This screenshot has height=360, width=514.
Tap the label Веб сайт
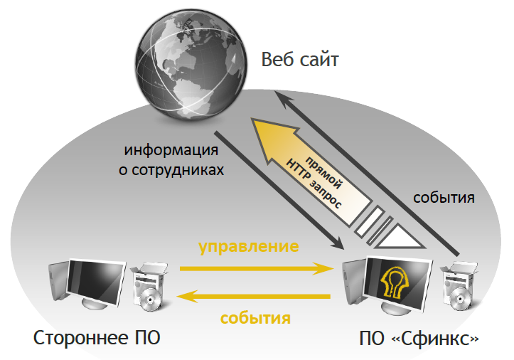[299, 60]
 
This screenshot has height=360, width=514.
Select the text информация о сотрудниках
[171, 160]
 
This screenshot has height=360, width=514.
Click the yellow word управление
[249, 247]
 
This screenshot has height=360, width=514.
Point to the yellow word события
[255, 317]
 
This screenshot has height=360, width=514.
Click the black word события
[444, 198]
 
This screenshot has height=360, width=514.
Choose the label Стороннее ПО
[97, 338]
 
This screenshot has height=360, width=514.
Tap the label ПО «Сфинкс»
[419, 339]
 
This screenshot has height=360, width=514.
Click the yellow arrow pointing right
[257, 268]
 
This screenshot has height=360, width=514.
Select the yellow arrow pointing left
[253, 297]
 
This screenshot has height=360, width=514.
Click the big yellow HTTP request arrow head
[274, 139]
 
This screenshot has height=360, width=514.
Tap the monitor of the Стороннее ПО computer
[96, 282]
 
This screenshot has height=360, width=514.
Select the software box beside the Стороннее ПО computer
[149, 285]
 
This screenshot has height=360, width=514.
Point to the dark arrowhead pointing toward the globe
[282, 97]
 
